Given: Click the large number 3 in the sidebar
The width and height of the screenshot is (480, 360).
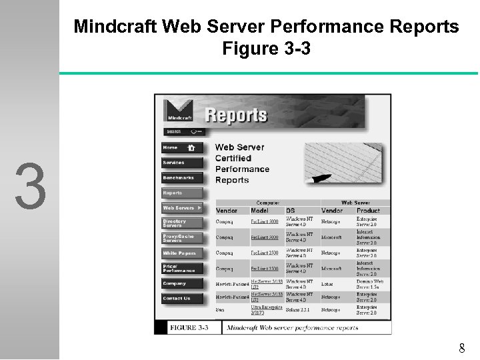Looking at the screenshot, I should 31,185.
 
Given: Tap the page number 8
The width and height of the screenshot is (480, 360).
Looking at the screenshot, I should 462,348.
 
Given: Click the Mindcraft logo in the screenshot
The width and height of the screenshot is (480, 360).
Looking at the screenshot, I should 179,110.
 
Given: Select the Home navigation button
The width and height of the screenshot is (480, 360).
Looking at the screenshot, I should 182,147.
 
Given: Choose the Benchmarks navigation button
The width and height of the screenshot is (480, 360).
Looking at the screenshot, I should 182,178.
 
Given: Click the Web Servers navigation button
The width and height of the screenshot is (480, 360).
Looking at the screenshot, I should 182,208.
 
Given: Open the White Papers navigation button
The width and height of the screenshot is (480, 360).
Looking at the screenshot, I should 182,253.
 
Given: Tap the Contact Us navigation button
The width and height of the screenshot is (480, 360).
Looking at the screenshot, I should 182,299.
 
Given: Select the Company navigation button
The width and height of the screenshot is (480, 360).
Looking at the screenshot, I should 182,283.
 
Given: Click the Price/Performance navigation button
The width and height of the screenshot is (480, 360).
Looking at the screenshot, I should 182,269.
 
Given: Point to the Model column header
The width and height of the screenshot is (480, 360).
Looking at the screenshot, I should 263,211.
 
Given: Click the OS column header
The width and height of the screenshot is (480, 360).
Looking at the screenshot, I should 291,211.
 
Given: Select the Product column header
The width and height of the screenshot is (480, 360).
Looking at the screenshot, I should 368,211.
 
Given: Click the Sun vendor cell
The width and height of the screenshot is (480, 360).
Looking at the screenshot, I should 221,310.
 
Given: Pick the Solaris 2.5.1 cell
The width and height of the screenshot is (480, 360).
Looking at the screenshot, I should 298,310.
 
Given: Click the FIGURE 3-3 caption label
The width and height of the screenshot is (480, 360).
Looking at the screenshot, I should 189,328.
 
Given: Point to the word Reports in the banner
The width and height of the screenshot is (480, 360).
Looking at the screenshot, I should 237,115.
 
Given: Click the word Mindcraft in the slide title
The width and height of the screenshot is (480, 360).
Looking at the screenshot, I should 115,27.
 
